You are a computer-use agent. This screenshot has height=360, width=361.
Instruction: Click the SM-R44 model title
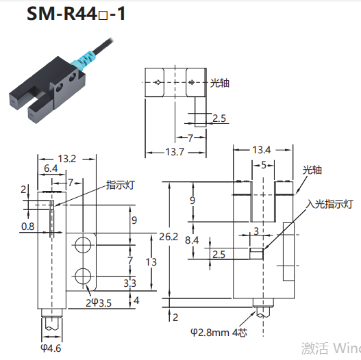(x=76, y=14)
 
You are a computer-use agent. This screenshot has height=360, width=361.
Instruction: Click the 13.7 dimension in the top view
(x=175, y=152)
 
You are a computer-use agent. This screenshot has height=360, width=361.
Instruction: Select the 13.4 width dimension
(x=262, y=150)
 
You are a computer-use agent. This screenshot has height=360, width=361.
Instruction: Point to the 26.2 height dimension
(x=169, y=237)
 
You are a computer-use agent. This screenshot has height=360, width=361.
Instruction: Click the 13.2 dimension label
(x=66, y=159)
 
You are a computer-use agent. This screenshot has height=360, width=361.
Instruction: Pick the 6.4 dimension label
(x=51, y=168)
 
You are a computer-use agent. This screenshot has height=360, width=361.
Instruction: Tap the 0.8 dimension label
(x=28, y=227)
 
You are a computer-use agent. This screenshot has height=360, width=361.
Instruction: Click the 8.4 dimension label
(x=192, y=240)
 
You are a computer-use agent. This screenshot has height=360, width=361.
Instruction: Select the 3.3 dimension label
(x=130, y=283)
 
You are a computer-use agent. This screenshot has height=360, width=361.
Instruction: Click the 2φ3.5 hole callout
(x=99, y=303)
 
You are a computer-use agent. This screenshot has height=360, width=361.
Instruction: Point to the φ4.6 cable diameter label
(x=51, y=348)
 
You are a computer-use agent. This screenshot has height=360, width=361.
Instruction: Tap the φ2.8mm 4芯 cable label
(x=219, y=333)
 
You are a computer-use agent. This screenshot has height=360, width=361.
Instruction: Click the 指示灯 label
(x=120, y=185)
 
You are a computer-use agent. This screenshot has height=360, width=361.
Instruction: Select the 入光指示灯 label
(x=329, y=204)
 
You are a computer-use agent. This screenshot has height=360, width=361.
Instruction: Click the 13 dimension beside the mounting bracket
(x=151, y=262)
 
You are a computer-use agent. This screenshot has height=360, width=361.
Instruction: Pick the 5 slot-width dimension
(x=264, y=165)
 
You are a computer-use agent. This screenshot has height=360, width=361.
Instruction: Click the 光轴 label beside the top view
(x=220, y=83)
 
